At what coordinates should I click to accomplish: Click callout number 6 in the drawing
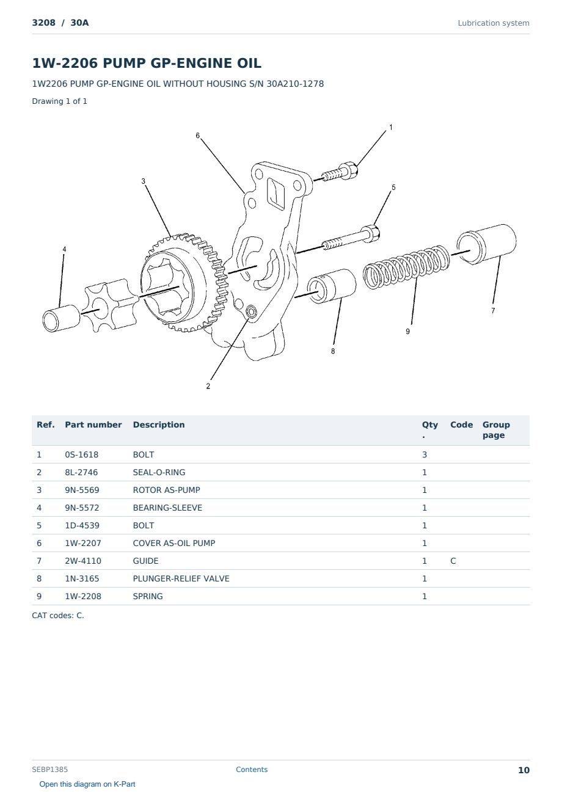click(197, 136)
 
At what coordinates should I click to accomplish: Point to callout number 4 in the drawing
click(64, 249)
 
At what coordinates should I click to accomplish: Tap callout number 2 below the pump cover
click(208, 386)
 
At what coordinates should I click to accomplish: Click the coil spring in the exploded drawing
click(406, 267)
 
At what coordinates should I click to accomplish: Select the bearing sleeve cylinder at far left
click(61, 318)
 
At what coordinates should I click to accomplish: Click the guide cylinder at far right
click(486, 244)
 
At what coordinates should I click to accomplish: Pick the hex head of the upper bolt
click(349, 170)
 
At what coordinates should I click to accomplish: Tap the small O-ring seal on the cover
click(252, 312)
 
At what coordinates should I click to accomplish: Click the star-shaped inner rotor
click(111, 305)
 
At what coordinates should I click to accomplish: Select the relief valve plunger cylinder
click(332, 286)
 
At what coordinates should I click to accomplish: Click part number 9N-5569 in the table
click(82, 490)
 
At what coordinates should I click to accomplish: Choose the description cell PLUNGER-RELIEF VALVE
click(181, 578)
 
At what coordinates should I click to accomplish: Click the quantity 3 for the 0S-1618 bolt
click(425, 454)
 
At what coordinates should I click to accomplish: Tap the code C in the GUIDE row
click(453, 561)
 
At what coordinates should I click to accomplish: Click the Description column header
click(158, 424)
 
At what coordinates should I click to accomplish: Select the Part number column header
click(93, 424)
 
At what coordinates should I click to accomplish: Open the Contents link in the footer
click(252, 770)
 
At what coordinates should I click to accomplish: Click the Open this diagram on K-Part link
click(87, 784)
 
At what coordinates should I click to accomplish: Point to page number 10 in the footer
click(524, 770)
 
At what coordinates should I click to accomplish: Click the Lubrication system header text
click(494, 23)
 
